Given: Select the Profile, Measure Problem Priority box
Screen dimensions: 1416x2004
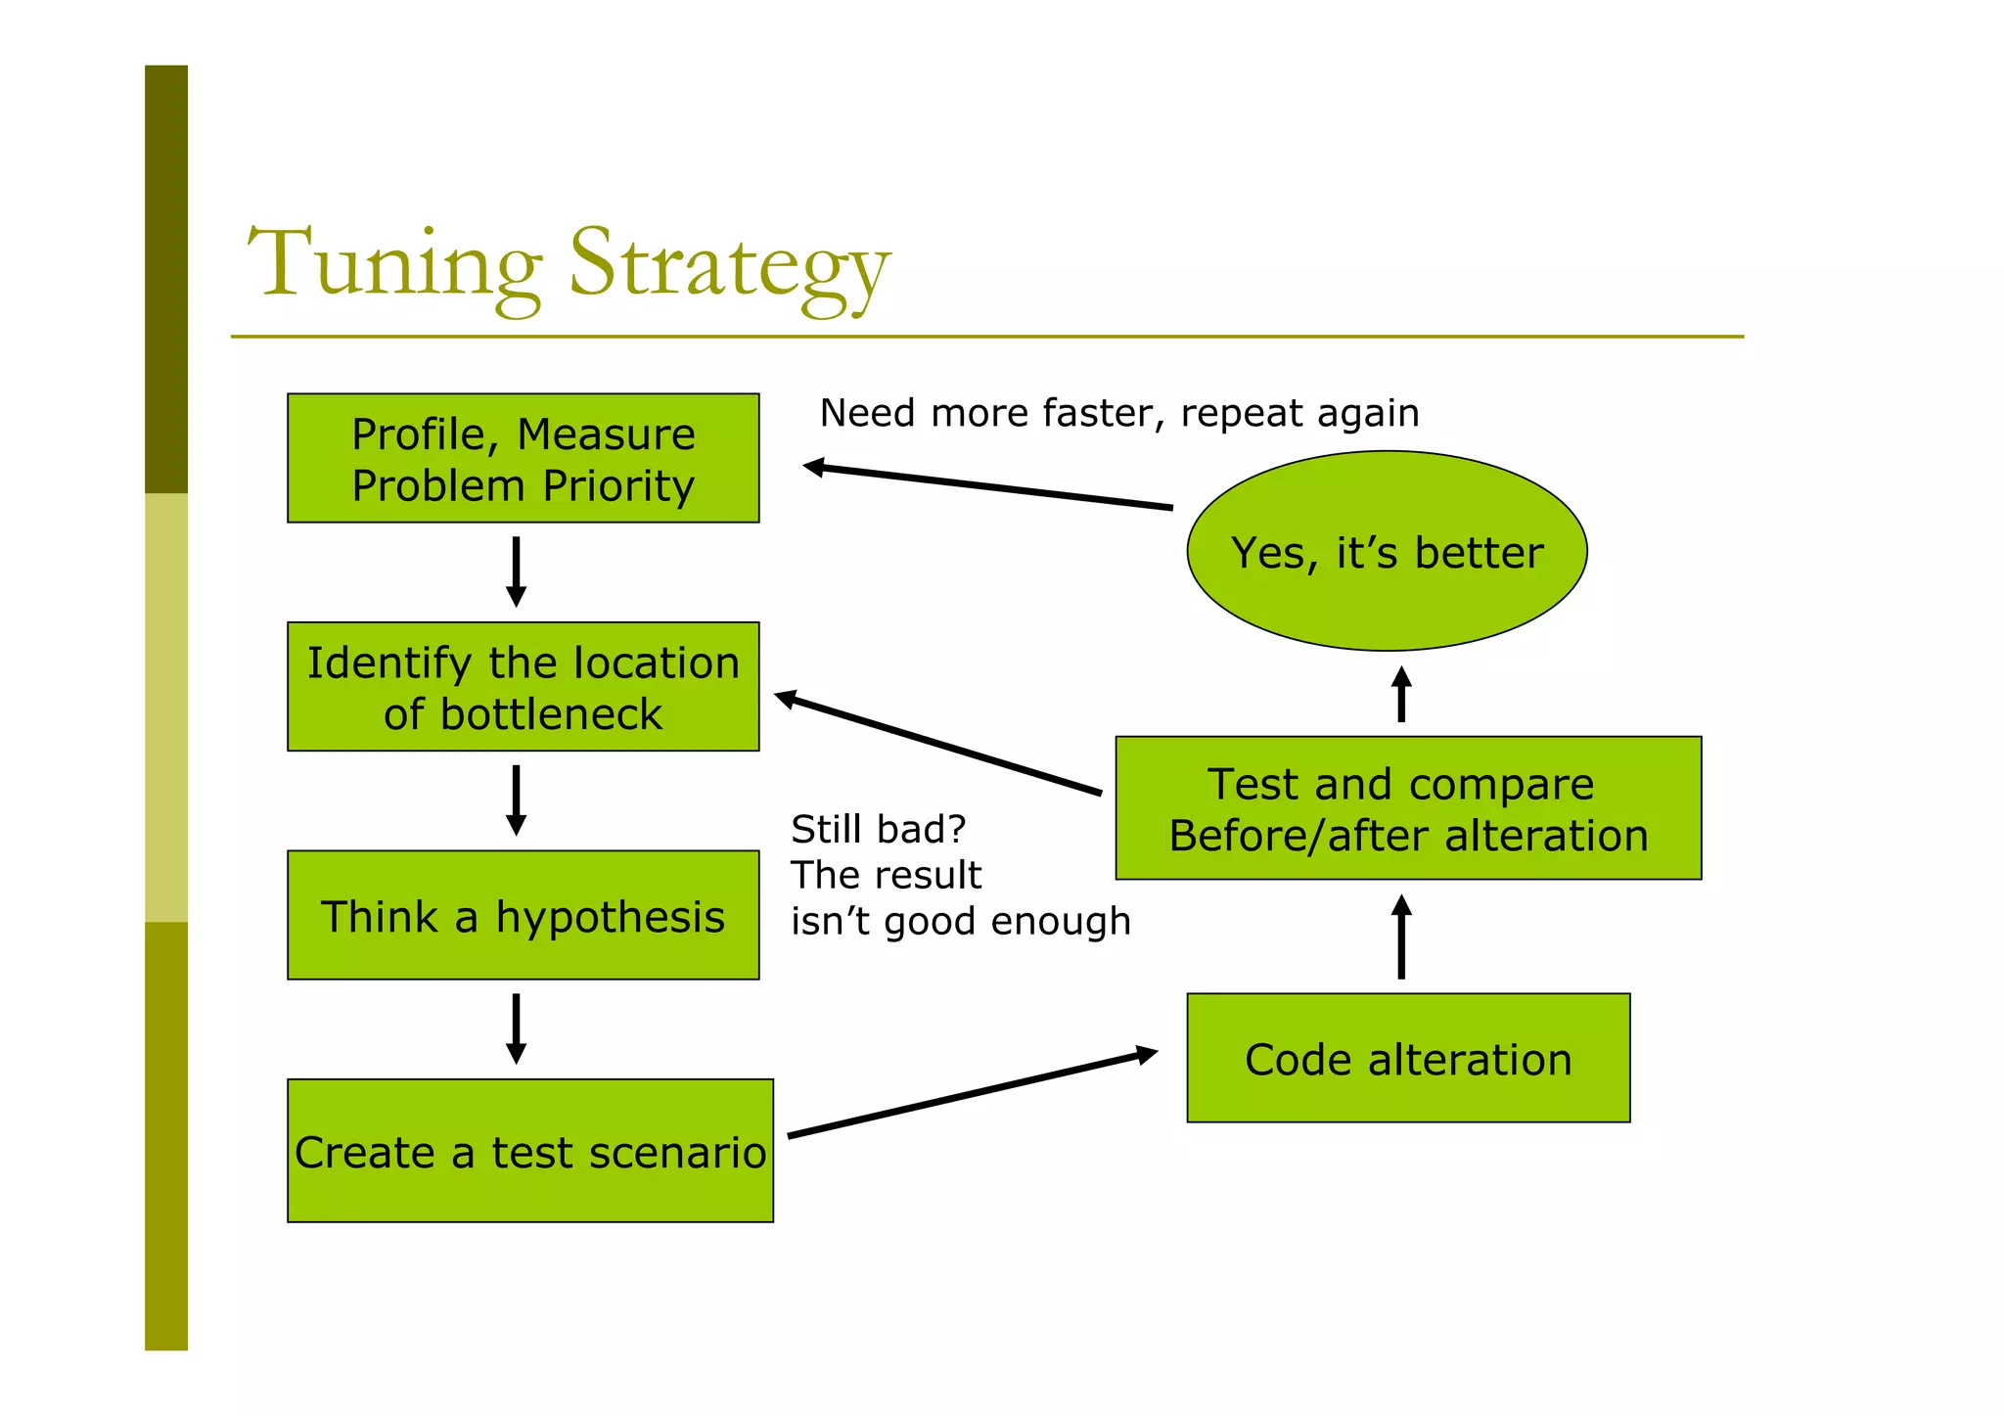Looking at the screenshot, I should click(523, 458).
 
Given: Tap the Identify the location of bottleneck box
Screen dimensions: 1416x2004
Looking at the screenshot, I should click(523, 686).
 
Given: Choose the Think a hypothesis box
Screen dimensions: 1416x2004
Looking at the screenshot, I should click(523, 915).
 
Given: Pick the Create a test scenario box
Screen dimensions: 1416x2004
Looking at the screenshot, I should click(529, 1151).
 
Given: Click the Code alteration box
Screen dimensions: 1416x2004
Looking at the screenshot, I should click(1407, 1058).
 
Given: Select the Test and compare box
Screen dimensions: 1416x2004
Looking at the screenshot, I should click(1407, 808).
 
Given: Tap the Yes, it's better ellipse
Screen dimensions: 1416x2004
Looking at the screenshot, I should click(1386, 551).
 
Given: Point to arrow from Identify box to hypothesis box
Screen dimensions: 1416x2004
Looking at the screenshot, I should click(516, 799).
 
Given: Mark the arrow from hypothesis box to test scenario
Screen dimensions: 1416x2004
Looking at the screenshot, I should click(516, 1028).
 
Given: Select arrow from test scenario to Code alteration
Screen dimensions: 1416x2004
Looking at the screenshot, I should click(973, 1094).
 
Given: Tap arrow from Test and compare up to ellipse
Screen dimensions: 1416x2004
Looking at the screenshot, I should click(1400, 694).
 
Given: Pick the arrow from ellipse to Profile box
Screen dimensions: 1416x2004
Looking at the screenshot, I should click(988, 486).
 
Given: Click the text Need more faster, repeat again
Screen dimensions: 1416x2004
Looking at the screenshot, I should click(1118, 413).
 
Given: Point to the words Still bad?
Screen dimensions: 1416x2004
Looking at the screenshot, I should click(878, 829).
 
